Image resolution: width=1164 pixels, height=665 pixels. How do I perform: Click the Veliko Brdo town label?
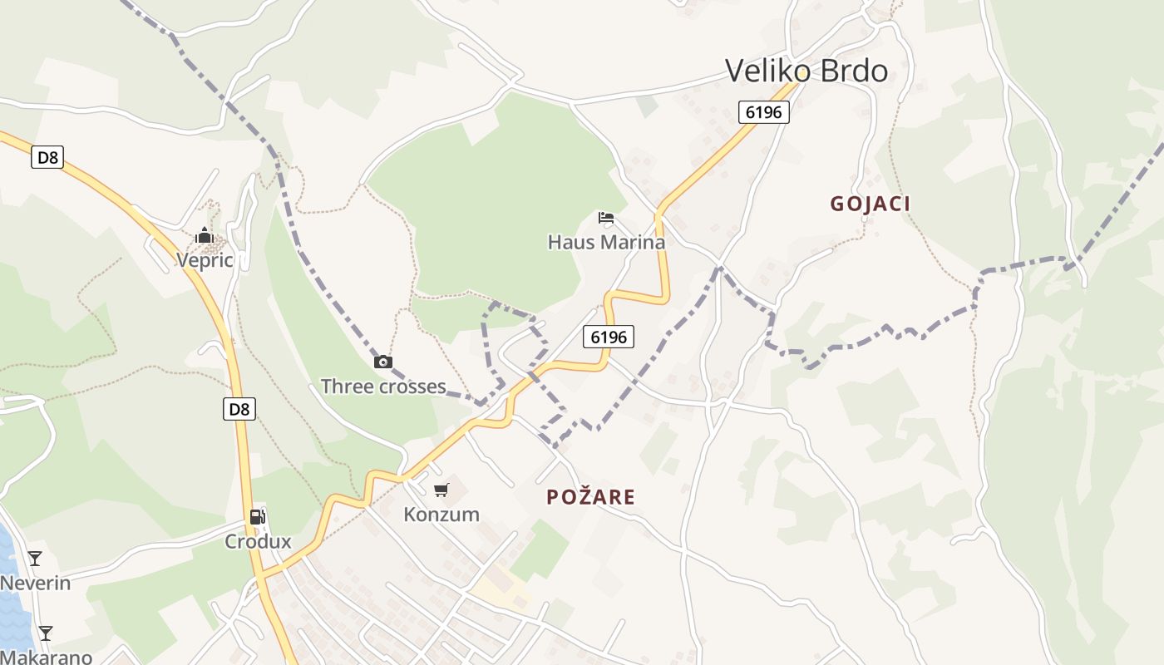[x=806, y=71]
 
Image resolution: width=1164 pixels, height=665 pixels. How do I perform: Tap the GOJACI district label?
[x=871, y=204]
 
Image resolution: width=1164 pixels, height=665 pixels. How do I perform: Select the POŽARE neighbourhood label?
[x=590, y=497]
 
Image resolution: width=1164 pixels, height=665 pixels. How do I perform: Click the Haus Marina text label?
[x=606, y=242]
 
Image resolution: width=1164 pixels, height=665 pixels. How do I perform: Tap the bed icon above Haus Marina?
[x=606, y=219]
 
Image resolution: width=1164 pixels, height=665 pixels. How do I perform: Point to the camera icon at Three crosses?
[x=382, y=362]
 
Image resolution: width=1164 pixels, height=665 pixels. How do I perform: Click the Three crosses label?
[x=383, y=387]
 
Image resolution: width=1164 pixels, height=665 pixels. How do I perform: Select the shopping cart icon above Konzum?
[x=441, y=490]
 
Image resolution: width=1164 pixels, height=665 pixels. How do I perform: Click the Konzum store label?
[x=441, y=515]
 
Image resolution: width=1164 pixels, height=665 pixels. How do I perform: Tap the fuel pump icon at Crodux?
[x=258, y=517]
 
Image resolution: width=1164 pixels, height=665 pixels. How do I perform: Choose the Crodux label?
[x=258, y=542]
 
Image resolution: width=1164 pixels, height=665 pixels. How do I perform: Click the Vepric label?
[x=205, y=260]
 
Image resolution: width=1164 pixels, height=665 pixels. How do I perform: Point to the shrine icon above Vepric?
[x=205, y=237]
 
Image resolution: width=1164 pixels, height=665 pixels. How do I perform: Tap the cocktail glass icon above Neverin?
[x=35, y=559]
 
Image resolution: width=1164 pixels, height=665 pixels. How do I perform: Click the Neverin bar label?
[x=35, y=583]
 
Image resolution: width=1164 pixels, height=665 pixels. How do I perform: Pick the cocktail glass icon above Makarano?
[x=46, y=633]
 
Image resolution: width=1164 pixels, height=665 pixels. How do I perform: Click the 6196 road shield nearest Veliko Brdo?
[x=763, y=111]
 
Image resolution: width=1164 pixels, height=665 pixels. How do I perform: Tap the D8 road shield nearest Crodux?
[x=239, y=408]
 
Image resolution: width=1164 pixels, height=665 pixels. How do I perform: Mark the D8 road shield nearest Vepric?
[x=47, y=156]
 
